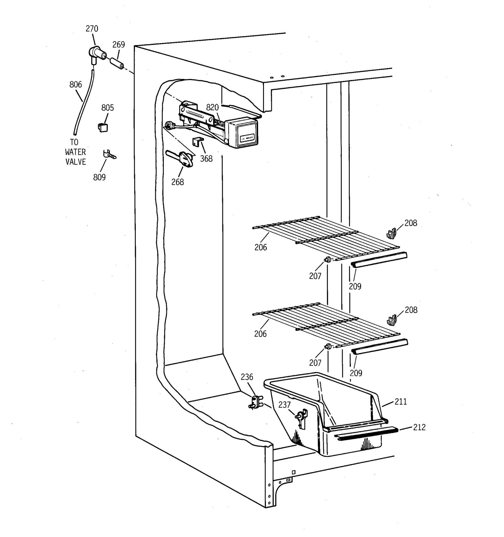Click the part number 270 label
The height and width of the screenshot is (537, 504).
92,29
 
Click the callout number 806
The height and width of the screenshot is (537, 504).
76,84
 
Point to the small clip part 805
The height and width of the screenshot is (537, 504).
102,127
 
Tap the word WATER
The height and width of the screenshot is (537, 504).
75,152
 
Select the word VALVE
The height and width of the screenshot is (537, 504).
76,162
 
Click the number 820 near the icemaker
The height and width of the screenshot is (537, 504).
212,107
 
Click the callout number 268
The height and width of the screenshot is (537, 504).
178,182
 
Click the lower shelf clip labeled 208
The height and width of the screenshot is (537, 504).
391,320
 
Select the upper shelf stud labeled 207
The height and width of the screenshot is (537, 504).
328,260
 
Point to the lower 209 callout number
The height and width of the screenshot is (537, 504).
356,373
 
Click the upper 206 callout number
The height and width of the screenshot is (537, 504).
261,247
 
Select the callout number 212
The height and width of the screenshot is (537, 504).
419,427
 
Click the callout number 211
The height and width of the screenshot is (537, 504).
401,402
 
